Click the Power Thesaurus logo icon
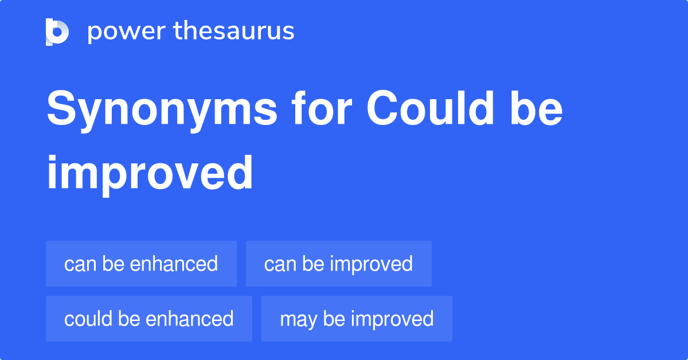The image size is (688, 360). point(57,32)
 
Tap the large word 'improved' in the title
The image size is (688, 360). point(150,173)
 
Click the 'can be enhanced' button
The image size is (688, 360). point(141,264)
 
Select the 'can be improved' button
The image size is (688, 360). point(338,264)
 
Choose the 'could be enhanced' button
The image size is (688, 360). point(148,319)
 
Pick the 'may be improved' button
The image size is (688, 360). point(356,319)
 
